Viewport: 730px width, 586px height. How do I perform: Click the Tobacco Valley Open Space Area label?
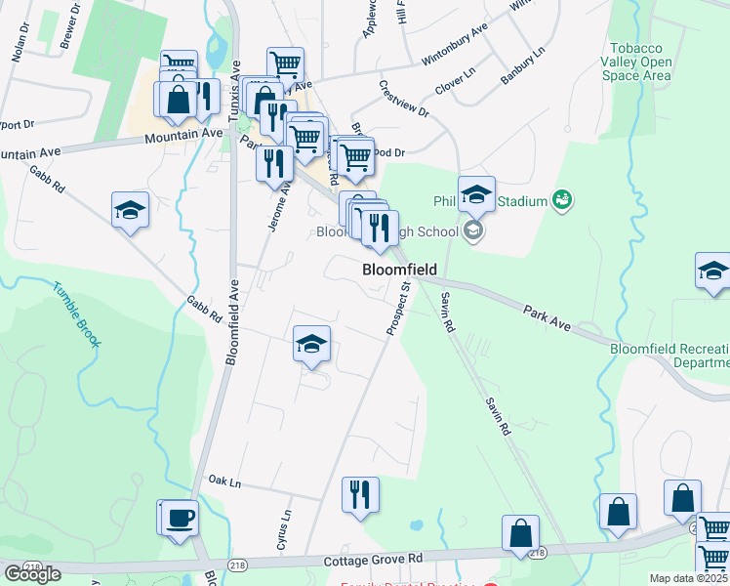[x=639, y=62]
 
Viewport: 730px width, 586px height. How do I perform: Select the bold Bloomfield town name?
[x=398, y=269]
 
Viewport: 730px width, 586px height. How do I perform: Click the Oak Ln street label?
[x=224, y=481]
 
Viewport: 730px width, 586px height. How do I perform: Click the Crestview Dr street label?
[x=404, y=99]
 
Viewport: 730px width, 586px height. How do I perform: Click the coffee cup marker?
[x=180, y=518]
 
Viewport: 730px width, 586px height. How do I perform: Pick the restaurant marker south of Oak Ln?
[x=359, y=495]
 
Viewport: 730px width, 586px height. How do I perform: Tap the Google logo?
[x=32, y=574]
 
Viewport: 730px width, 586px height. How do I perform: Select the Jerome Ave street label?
[x=277, y=205]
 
